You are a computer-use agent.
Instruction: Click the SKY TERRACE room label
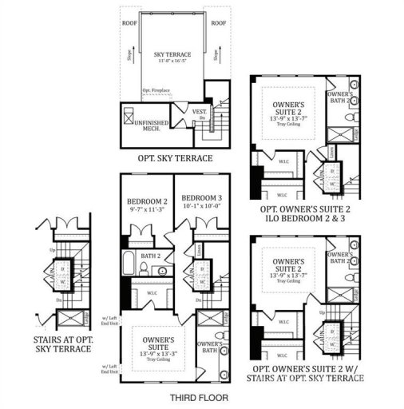(x=172, y=54)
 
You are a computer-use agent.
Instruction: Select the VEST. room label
(x=200, y=112)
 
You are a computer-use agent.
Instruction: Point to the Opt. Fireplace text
(x=158, y=93)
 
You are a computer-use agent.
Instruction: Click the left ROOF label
(x=129, y=23)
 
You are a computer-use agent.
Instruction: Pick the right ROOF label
(x=218, y=23)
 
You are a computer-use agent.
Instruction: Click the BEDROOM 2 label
(x=145, y=201)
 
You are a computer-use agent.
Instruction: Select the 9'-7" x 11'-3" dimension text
(x=145, y=211)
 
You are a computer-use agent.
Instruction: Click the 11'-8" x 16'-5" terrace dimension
(x=172, y=62)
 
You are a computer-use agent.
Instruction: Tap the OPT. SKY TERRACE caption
(x=175, y=158)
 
